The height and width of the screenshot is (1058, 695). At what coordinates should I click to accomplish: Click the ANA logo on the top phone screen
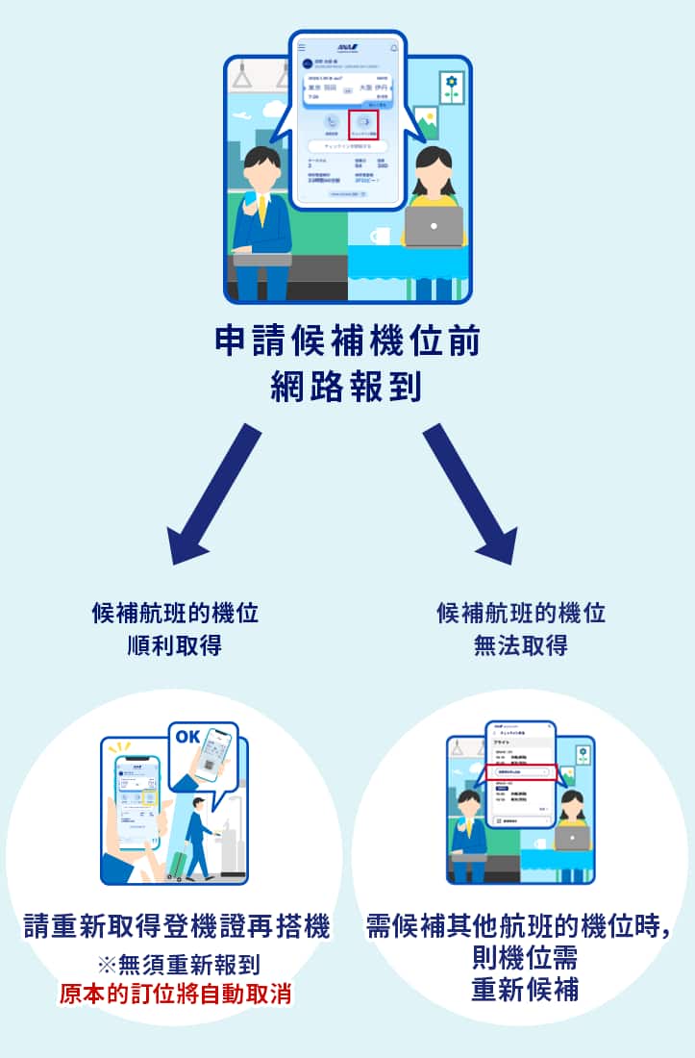pyautogui.click(x=348, y=46)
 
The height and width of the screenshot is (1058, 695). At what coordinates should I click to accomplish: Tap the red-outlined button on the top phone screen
pyautogui.click(x=363, y=124)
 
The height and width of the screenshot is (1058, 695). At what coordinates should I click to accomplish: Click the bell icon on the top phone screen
pyautogui.click(x=393, y=47)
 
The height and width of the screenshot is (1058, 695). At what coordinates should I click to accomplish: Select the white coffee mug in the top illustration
pyautogui.click(x=380, y=236)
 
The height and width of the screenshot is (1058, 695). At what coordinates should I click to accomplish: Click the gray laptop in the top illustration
pyautogui.click(x=433, y=227)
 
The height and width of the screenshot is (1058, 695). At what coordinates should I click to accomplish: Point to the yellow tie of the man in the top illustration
pyautogui.click(x=261, y=207)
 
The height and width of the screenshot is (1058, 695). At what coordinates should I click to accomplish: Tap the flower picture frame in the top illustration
pyautogui.click(x=450, y=88)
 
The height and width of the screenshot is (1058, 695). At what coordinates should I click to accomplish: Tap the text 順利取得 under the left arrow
pyautogui.click(x=174, y=644)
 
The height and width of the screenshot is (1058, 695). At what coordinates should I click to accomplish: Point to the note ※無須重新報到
pyautogui.click(x=175, y=965)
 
